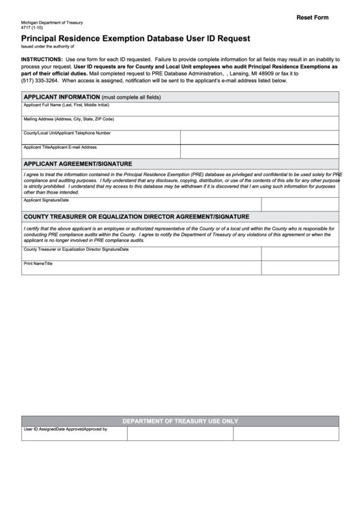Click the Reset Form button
[x=312, y=17]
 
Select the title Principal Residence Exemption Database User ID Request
[x=135, y=39]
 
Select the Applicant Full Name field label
[x=66, y=105]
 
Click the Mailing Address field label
[x=69, y=119]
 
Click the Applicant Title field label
[x=37, y=147]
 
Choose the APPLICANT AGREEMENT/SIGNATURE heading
[x=77, y=164]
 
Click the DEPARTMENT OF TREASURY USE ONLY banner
[x=180, y=421]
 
